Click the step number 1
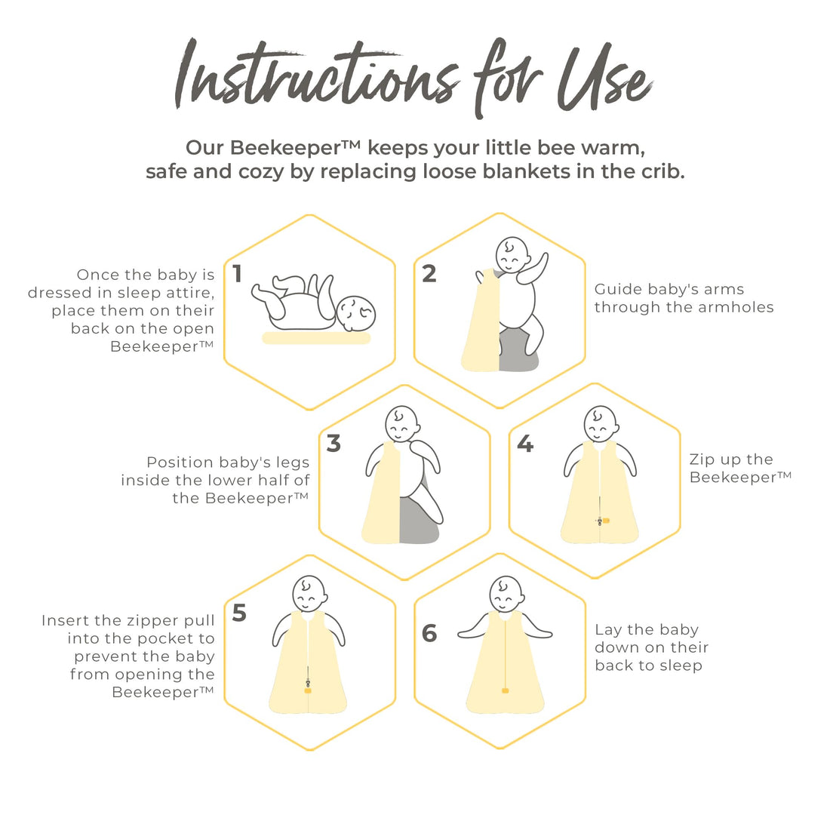pyautogui.click(x=237, y=274)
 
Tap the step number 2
pyautogui.click(x=429, y=274)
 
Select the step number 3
pyautogui.click(x=334, y=444)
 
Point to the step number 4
pyautogui.click(x=525, y=444)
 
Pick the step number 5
pyautogui.click(x=239, y=613)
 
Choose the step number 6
pyautogui.click(x=429, y=633)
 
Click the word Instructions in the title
pyautogui.click(x=317, y=74)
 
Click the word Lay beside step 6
pyautogui.click(x=608, y=631)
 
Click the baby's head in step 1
pyautogui.click(x=356, y=313)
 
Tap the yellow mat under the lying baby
pyautogui.click(x=317, y=338)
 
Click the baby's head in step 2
pyautogui.click(x=512, y=255)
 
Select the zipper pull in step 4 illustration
pyautogui.click(x=600, y=521)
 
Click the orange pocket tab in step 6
pyautogui.click(x=505, y=690)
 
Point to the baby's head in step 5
pyautogui.click(x=309, y=594)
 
